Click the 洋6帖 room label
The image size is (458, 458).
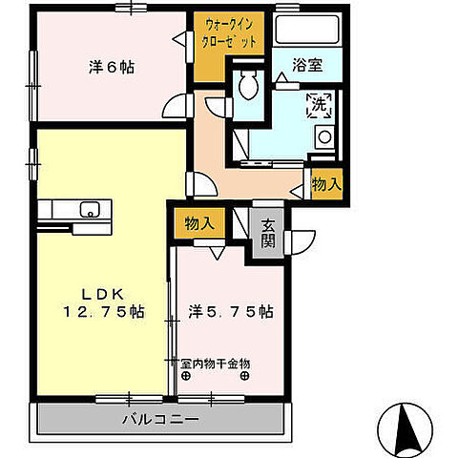click(112, 68)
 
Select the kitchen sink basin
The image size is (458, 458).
click(91, 210)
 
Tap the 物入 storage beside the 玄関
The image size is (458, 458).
click(198, 222)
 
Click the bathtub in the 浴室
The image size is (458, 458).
click(306, 31)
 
